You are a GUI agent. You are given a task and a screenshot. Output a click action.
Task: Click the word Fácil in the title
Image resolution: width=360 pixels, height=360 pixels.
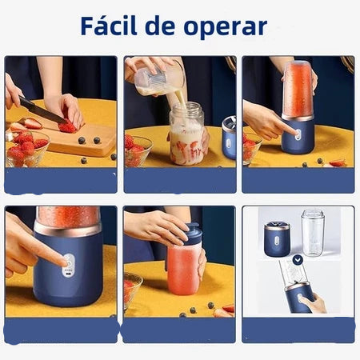pyautogui.click(x=112, y=26)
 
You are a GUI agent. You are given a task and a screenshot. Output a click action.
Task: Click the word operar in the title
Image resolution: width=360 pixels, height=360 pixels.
pyautogui.click(x=227, y=27)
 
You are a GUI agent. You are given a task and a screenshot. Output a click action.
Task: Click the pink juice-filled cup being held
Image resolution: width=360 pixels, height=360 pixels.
pyautogui.click(x=183, y=269)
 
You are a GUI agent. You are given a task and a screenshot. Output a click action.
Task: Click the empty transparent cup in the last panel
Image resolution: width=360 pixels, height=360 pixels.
pyautogui.click(x=312, y=232)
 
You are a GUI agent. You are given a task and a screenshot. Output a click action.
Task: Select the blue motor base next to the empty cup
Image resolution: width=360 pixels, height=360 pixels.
pyautogui.click(x=277, y=238)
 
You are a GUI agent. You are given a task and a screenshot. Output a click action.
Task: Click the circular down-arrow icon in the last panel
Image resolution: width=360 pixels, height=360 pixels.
pyautogui.click(x=298, y=260)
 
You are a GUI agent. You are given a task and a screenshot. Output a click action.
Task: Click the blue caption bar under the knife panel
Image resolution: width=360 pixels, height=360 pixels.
pyautogui.click(x=61, y=180)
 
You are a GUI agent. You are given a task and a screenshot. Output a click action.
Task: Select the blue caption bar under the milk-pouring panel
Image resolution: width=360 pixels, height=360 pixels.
pyautogui.click(x=179, y=180)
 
